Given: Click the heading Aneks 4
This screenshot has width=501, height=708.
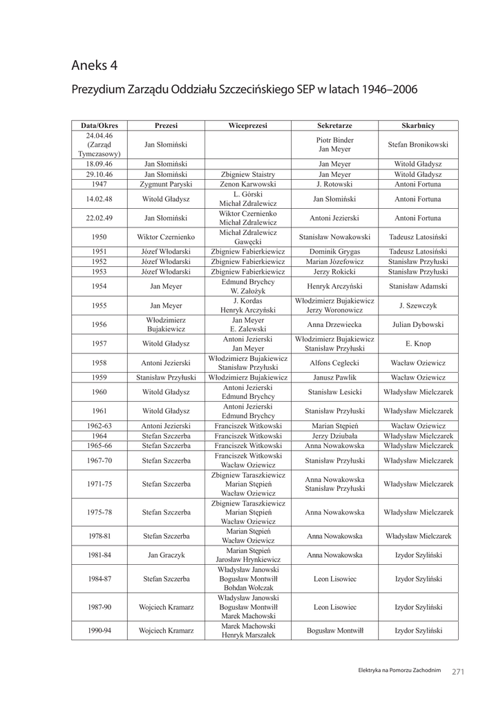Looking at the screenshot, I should click(x=95, y=66).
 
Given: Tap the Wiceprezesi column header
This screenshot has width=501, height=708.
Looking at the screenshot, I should click(x=247, y=126).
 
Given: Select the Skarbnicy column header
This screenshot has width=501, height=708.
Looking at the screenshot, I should click(x=418, y=126).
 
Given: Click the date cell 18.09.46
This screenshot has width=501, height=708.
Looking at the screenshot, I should click(x=100, y=164).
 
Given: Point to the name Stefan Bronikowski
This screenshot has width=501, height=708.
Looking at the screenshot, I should click(x=418, y=145).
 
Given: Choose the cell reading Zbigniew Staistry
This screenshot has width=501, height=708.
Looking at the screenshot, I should click(x=247, y=174).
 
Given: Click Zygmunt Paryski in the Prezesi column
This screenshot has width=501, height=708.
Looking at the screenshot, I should click(x=166, y=185).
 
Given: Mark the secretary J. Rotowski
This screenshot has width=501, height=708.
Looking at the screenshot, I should click(x=334, y=185).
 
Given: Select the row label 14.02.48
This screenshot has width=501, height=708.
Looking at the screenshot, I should click(x=100, y=199).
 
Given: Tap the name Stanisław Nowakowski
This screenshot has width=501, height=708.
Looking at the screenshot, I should click(x=334, y=237).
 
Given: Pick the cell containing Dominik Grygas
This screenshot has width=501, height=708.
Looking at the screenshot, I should click(x=334, y=252).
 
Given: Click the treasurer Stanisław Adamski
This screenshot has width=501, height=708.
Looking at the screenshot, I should click(x=418, y=286).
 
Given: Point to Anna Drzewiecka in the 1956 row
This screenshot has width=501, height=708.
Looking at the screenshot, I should click(x=334, y=324).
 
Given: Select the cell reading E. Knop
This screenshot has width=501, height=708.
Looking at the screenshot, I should click(x=418, y=344).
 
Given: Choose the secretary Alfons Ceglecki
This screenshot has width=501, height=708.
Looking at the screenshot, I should click(x=334, y=363).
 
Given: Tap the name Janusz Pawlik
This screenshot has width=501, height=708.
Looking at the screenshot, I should click(x=334, y=378).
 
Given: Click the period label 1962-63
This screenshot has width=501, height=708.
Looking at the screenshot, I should click(x=100, y=426).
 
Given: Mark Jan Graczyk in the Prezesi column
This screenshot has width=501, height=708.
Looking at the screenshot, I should click(x=166, y=555).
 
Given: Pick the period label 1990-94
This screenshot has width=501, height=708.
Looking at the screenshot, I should click(x=100, y=631).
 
